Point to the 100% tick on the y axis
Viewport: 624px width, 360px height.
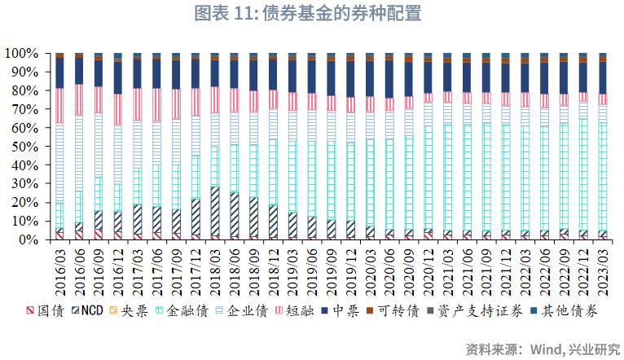tap(22, 53)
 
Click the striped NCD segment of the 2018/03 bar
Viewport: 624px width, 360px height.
tap(215, 211)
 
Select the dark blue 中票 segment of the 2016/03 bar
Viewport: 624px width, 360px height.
tap(59, 73)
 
